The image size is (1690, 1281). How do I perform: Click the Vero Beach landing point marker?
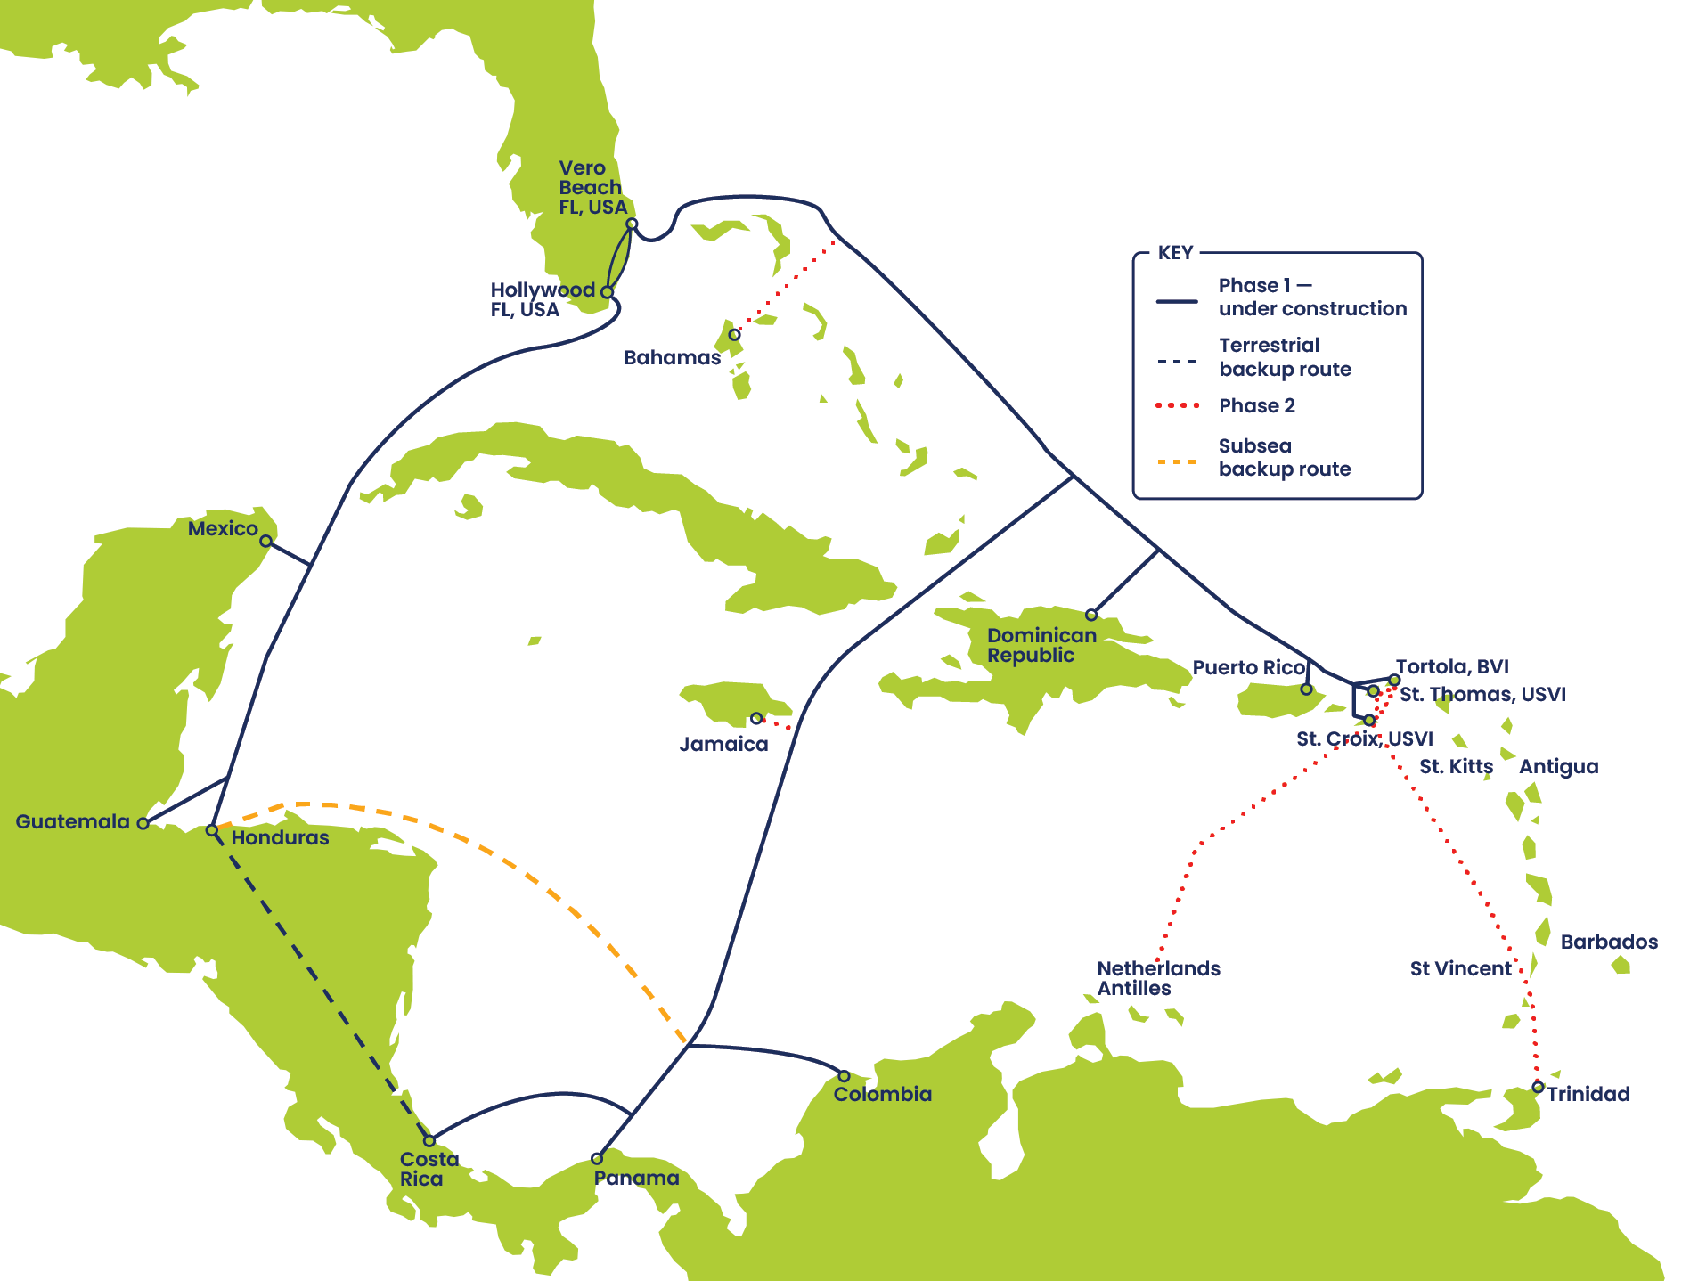point(632,224)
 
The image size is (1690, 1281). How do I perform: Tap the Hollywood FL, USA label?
point(542,299)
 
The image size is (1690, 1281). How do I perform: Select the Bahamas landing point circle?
point(734,335)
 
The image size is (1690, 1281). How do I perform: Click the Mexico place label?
point(223,529)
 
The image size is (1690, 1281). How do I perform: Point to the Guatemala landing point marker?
point(143,823)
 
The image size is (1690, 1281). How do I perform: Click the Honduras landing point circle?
point(211,830)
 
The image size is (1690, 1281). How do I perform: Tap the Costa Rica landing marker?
point(429,1141)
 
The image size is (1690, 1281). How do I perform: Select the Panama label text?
point(636,1179)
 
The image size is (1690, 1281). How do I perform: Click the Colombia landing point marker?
point(844,1076)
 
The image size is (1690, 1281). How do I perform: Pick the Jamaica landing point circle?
point(755,718)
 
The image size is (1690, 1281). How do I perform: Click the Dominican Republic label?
point(1041,645)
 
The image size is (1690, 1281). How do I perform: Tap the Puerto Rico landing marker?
point(1306,689)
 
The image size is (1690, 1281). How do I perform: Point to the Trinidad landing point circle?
point(1538,1087)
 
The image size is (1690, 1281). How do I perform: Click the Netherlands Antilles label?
point(1158,978)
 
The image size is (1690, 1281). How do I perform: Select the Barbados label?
point(1609,942)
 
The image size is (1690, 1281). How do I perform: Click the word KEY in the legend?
point(1175,253)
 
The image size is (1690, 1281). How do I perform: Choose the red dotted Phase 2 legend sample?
point(1178,406)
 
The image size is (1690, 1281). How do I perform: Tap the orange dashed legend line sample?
point(1178,461)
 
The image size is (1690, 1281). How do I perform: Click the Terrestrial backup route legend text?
point(1285,357)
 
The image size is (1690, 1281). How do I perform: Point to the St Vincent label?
point(1460,968)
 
